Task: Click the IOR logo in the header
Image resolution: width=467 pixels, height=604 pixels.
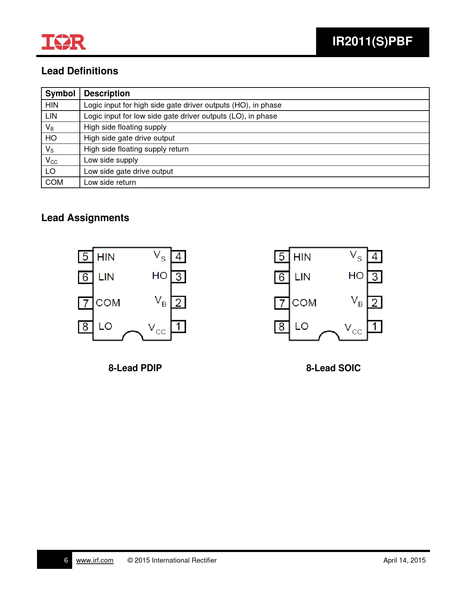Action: (x=63, y=42)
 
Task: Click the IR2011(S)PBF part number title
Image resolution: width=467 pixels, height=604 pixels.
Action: (x=372, y=41)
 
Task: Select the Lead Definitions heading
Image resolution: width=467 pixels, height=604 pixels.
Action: (x=79, y=71)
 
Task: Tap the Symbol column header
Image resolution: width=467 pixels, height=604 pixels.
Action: (x=60, y=93)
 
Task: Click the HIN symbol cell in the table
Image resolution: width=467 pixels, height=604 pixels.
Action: (x=52, y=105)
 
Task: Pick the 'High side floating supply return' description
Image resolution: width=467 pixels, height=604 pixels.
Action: (x=136, y=149)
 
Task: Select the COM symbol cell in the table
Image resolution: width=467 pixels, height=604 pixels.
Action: (x=54, y=182)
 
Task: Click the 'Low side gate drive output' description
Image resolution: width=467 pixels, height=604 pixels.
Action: (x=128, y=171)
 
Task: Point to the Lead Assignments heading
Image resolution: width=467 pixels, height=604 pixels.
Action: (x=85, y=218)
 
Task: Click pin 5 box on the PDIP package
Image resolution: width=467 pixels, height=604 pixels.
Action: (x=85, y=257)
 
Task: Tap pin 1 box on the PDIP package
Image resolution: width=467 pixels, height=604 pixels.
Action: (x=178, y=327)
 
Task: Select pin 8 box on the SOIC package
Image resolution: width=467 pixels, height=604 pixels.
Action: (x=282, y=327)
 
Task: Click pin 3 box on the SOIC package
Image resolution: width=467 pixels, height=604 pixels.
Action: (x=375, y=277)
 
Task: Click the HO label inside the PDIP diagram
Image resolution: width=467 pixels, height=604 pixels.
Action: (x=160, y=276)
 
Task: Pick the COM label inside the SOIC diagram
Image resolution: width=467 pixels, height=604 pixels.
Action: (x=304, y=303)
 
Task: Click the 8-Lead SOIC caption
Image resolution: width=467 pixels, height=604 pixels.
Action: (x=333, y=368)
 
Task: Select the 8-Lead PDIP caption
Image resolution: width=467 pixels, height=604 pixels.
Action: (x=135, y=368)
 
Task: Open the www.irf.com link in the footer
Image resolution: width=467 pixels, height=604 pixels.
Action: (x=94, y=560)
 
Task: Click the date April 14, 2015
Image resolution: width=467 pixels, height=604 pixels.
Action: (x=404, y=560)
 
